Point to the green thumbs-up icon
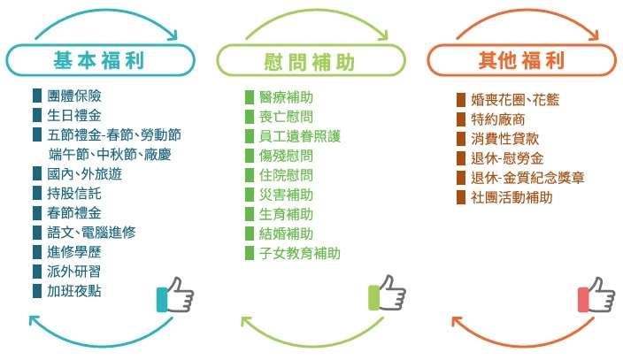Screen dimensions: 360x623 tap(386, 295)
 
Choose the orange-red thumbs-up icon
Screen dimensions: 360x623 tap(596, 295)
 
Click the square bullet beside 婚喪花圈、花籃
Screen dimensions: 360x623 tap(461, 100)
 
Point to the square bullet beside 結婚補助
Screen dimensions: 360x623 tap(250, 234)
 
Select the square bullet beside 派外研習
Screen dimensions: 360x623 tap(37, 272)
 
